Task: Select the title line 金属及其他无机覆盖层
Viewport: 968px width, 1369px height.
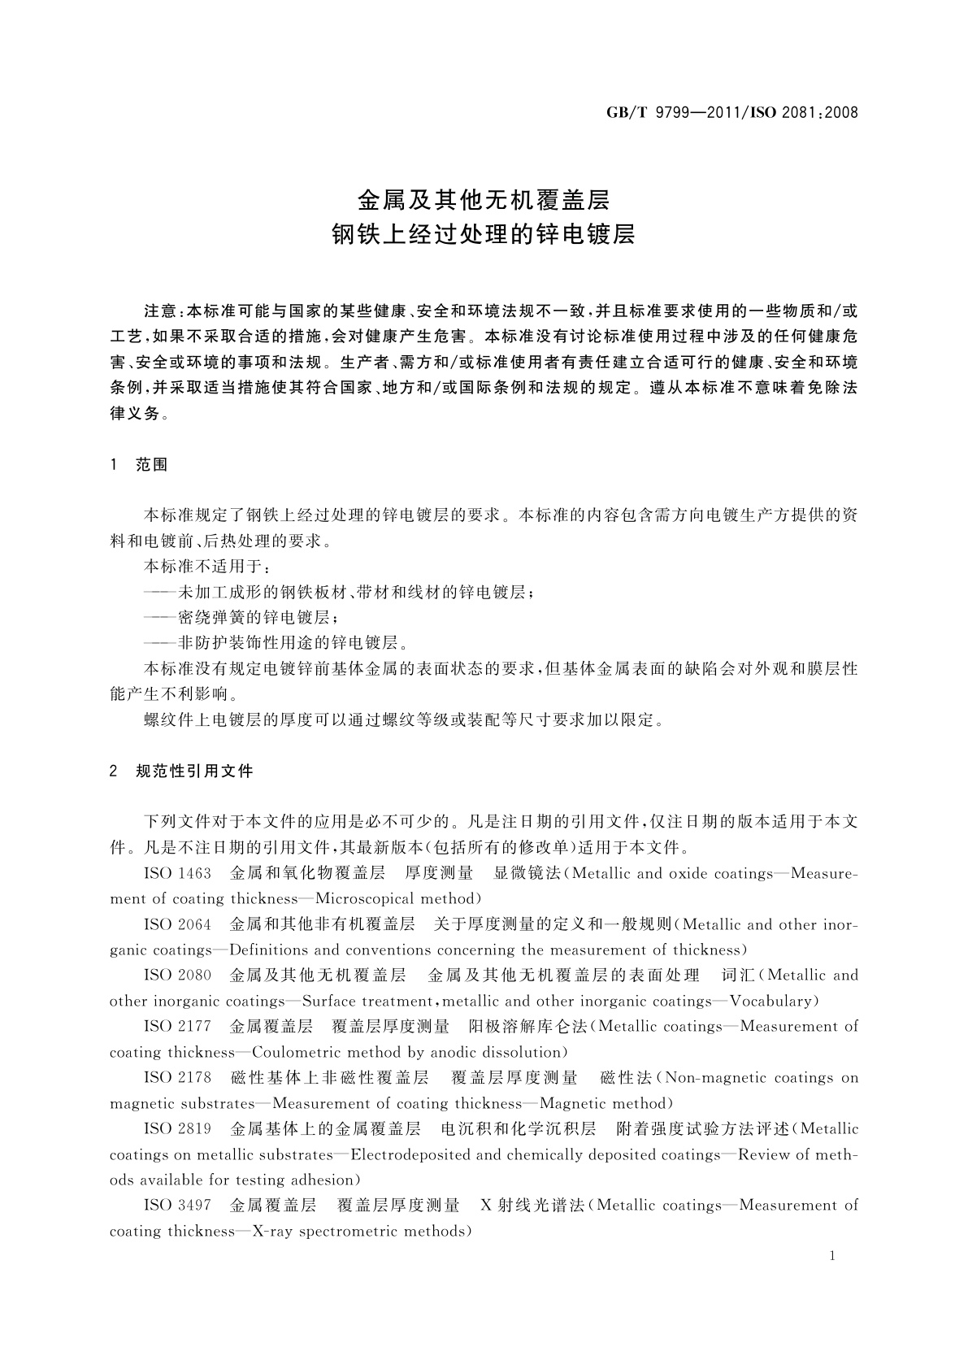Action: [x=484, y=199]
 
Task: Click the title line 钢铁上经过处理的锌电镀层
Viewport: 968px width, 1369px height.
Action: [x=484, y=235]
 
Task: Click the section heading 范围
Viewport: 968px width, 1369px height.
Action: [x=152, y=465]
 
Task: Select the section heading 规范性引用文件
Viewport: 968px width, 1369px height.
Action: [x=195, y=771]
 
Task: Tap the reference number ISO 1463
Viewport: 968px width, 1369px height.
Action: [x=177, y=873]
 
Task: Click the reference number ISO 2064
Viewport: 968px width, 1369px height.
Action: [x=177, y=924]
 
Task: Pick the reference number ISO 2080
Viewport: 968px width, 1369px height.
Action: [x=177, y=976]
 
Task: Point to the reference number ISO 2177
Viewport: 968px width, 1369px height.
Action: [x=177, y=1027]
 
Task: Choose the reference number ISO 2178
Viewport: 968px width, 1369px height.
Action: [x=177, y=1078]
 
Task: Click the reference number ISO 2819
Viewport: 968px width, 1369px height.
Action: [x=177, y=1129]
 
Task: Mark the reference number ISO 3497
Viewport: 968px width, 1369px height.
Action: [x=177, y=1206]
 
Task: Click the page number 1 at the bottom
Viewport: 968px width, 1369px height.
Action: [x=832, y=1256]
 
